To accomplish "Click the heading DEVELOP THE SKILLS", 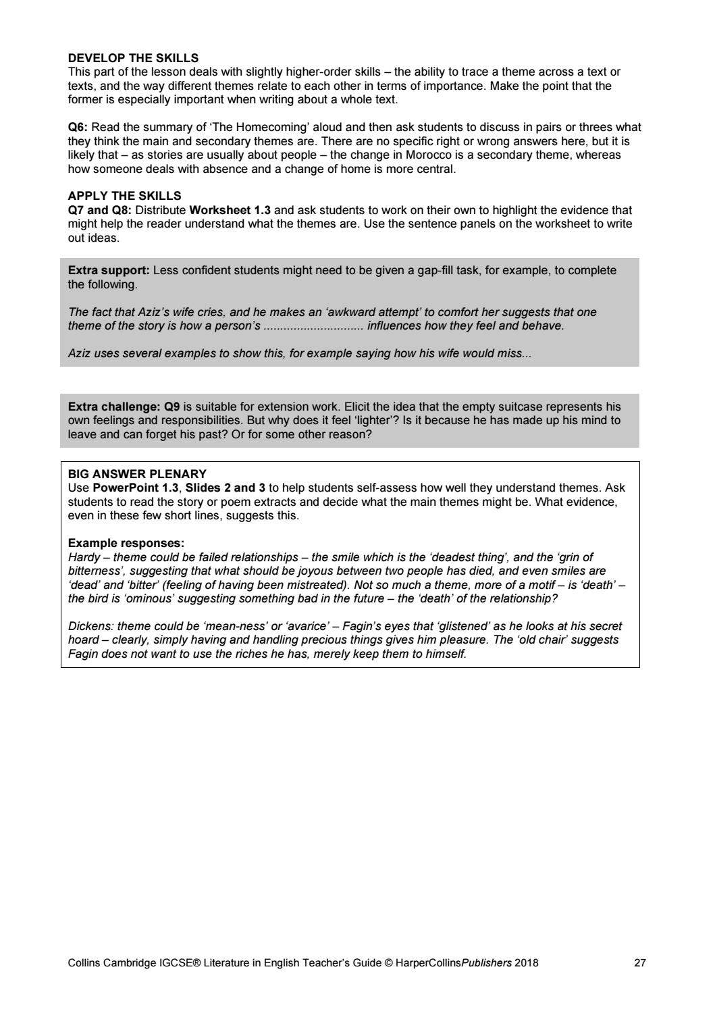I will [133, 58].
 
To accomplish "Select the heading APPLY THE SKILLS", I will [124, 196].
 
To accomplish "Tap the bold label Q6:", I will [78, 127].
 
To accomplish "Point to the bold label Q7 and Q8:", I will [99, 210].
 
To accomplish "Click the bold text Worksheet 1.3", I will [230, 210].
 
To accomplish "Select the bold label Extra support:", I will [109, 270].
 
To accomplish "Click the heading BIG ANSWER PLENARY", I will [137, 474].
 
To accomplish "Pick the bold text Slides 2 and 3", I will [226, 488].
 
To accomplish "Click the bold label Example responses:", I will [126, 543].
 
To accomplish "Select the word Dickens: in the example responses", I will [90, 626].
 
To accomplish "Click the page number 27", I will [639, 962].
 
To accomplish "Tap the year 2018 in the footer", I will [527, 962].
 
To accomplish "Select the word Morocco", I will [428, 155].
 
